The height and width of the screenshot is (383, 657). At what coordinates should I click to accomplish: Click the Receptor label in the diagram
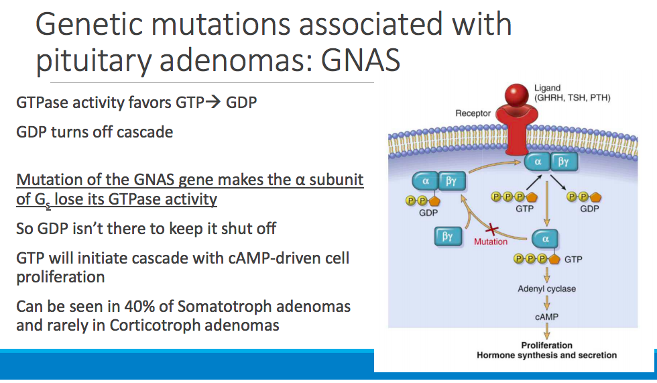(473, 113)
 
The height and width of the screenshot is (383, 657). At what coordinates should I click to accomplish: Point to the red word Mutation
(491, 241)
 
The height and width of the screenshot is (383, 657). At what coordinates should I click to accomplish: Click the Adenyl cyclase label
(546, 289)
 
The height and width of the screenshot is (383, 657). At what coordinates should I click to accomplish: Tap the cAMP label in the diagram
(546, 316)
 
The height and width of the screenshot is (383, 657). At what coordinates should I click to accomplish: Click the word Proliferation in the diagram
(546, 345)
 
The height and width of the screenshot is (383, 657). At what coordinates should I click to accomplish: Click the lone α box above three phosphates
(545, 239)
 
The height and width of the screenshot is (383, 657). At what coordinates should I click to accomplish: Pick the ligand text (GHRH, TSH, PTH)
(572, 98)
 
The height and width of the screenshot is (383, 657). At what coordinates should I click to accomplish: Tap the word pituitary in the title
(93, 60)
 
